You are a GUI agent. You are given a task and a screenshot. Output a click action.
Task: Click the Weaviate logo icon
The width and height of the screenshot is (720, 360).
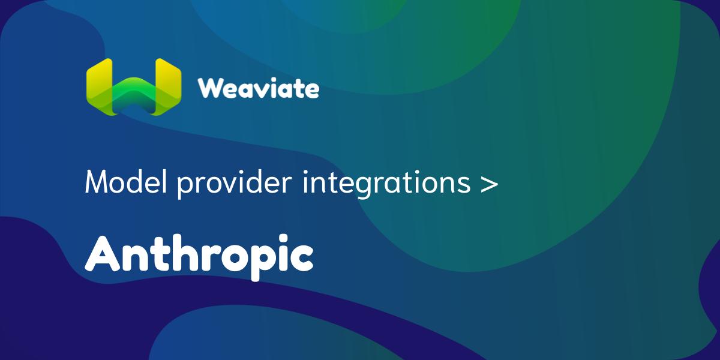(133, 86)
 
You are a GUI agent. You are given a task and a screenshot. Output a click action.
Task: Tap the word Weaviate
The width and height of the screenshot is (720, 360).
(259, 89)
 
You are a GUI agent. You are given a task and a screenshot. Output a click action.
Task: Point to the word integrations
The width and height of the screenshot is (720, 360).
(386, 182)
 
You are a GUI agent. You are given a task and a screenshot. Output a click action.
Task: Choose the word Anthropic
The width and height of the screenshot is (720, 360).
(199, 254)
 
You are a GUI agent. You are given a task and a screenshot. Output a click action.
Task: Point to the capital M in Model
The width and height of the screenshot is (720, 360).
(98, 181)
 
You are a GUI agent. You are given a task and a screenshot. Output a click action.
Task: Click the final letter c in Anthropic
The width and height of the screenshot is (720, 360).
(299, 258)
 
